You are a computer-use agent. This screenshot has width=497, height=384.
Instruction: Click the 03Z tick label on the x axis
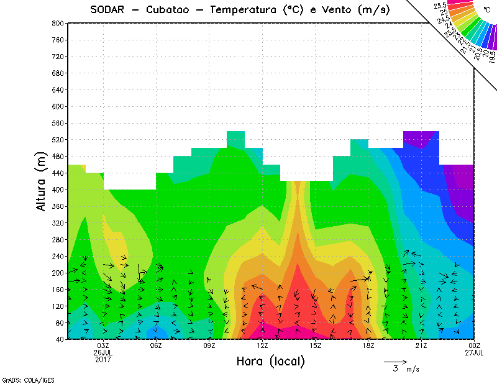[x=103, y=345]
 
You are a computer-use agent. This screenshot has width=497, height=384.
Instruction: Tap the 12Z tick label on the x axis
[x=262, y=345]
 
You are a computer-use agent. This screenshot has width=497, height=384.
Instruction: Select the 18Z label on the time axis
[x=368, y=345]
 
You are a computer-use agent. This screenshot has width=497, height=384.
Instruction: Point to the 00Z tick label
[x=475, y=345]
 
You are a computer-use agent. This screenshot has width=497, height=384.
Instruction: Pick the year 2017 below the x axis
[x=103, y=359]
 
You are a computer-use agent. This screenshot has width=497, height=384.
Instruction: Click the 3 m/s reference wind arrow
[x=395, y=361]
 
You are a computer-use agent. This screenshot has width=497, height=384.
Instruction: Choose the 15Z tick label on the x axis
[x=316, y=345]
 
